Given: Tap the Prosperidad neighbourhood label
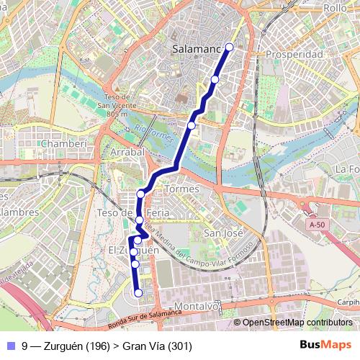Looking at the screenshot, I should pos(294,54).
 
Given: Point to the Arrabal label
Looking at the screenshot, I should pos(127,152).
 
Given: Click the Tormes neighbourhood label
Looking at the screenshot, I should pos(181,189).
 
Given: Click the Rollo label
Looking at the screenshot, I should pos(335,7).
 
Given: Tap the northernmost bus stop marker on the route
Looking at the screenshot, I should pos(230,47).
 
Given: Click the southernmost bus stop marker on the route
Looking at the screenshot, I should pos(138,292).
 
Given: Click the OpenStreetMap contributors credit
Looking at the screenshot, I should pos(297,323).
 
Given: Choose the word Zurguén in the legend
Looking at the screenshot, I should pos(63,346).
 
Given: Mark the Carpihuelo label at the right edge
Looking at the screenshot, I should pos(349,302).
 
